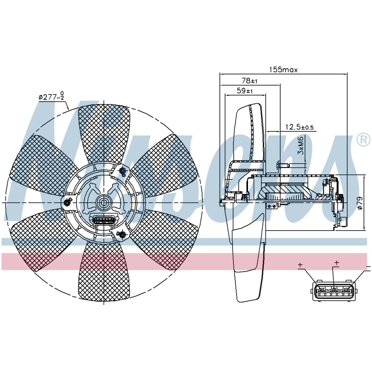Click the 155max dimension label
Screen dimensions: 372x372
coord(283,70)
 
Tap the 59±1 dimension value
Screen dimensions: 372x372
coord(245,91)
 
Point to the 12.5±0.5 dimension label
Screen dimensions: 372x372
coord(299,127)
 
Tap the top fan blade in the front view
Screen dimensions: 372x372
coord(104,130)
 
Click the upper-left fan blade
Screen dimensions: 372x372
coord(41,161)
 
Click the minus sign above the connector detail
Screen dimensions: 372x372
coord(368,267)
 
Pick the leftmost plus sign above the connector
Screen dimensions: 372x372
coord(300,265)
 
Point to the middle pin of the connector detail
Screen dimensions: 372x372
coord(334,290)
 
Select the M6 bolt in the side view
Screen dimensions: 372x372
coord(282,165)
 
